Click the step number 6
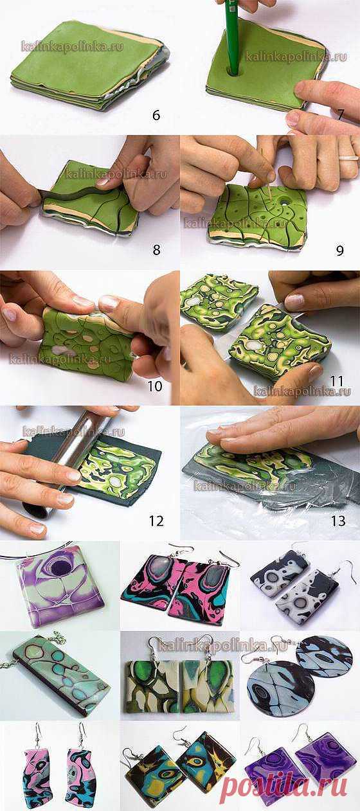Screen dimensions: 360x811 coord(156,115)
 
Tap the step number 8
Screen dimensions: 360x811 coord(156,250)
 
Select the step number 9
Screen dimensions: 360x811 coord(339,251)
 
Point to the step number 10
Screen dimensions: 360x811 coord(155,386)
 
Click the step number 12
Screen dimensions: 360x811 coord(156,521)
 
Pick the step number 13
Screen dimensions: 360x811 coord(338,521)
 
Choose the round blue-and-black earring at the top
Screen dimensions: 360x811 coord(324,655)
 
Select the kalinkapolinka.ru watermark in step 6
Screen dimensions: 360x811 coord(72,47)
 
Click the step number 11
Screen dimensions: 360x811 coord(336,381)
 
